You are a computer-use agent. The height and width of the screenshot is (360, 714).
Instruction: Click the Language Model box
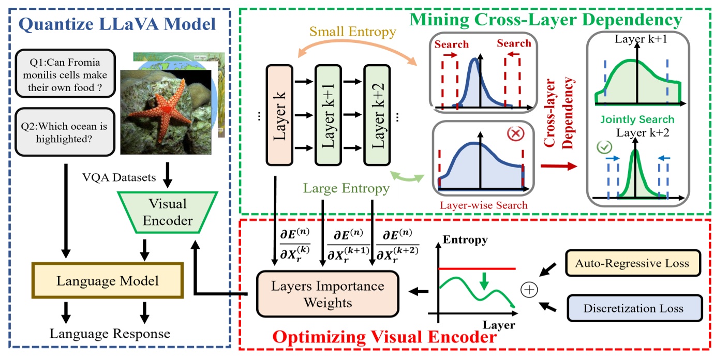(107, 281)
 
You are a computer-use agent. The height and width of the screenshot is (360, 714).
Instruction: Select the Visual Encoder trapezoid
(168, 213)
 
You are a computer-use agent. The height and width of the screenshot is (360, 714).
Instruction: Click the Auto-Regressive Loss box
(633, 263)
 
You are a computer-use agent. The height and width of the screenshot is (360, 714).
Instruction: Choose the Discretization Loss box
(633, 308)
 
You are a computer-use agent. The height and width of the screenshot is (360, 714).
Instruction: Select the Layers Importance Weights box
(328, 294)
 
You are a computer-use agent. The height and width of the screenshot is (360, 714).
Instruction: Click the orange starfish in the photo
(166, 112)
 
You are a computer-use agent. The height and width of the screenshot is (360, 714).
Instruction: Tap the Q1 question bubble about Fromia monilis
(65, 73)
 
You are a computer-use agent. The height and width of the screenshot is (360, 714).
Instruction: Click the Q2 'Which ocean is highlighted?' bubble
(65, 131)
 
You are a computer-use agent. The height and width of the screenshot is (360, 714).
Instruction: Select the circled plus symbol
(529, 290)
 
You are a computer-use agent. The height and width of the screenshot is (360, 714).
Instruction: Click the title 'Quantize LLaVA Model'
(117, 24)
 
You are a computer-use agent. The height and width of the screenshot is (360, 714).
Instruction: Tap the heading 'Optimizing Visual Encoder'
(384, 339)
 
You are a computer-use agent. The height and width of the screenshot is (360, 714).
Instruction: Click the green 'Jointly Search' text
(637, 119)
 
